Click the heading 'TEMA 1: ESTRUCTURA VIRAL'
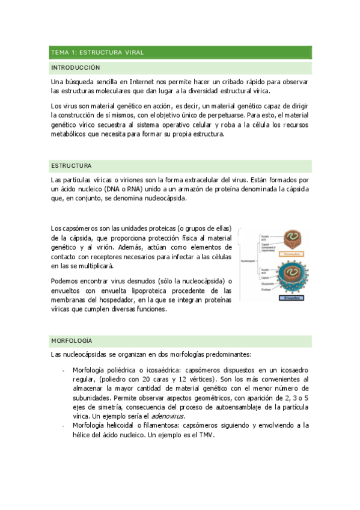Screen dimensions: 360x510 (97, 53)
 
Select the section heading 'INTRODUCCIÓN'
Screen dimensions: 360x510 (76, 68)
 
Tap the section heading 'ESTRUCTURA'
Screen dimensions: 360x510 (72, 165)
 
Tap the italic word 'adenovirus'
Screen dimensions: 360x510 (169, 416)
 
